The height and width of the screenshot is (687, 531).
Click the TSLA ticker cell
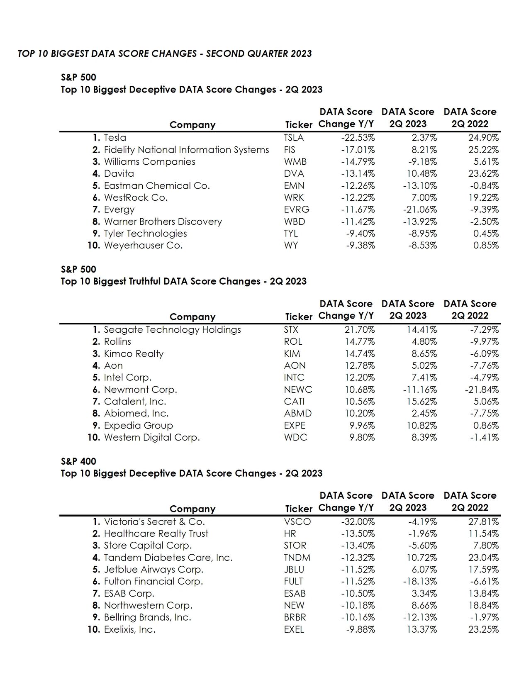(x=294, y=138)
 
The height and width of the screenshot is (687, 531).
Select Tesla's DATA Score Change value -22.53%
(x=358, y=138)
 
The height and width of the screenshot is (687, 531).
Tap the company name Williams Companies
(x=149, y=162)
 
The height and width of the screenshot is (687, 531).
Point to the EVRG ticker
(x=297, y=210)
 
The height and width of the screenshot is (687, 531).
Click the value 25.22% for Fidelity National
(x=483, y=150)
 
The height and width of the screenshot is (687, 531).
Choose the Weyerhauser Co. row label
(x=143, y=246)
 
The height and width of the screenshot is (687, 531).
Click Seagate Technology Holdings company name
(x=172, y=330)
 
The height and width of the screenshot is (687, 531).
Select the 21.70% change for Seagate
(x=360, y=330)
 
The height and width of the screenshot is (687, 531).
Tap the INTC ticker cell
(x=294, y=378)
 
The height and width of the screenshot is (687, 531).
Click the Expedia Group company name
(x=138, y=426)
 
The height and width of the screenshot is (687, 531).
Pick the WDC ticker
(x=295, y=438)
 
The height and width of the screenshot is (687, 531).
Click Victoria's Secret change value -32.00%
(x=358, y=522)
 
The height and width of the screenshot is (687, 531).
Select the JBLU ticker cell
(x=294, y=570)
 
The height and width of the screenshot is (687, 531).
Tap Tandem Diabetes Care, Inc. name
(x=168, y=558)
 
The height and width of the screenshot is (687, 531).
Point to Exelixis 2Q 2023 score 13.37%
(x=421, y=629)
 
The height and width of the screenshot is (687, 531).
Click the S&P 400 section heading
(x=78, y=461)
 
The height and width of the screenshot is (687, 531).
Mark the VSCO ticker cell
(x=297, y=522)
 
